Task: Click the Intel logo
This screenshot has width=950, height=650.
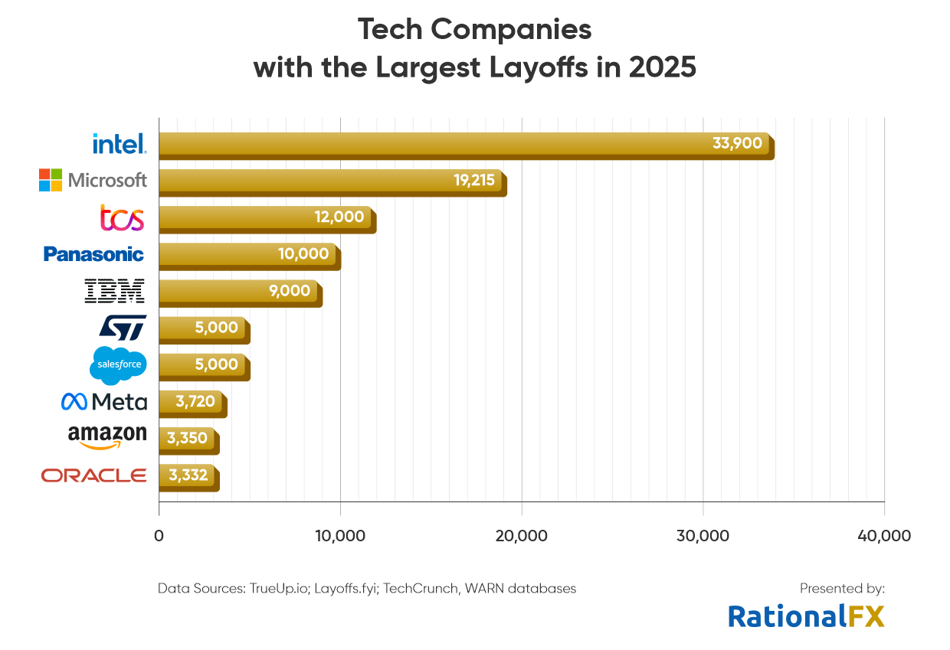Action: [119, 143]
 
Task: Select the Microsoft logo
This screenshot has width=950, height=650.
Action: [93, 180]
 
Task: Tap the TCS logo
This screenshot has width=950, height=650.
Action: [123, 217]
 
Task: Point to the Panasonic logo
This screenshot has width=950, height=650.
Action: [93, 254]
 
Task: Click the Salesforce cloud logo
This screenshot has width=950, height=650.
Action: [118, 364]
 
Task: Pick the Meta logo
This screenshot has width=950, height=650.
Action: [104, 401]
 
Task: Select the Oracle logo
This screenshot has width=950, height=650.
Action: [93, 475]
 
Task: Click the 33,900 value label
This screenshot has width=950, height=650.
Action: [737, 143]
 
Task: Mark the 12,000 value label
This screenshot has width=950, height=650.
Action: [339, 217]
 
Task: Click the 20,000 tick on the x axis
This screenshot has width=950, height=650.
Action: [522, 536]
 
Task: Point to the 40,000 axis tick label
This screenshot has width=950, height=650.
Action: [884, 536]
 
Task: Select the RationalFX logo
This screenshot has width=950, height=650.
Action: [806, 616]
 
